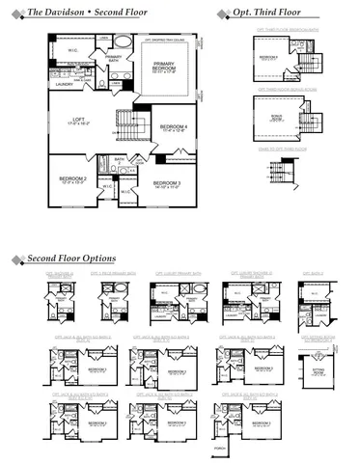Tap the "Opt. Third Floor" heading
[267, 13]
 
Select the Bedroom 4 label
[174, 128]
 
